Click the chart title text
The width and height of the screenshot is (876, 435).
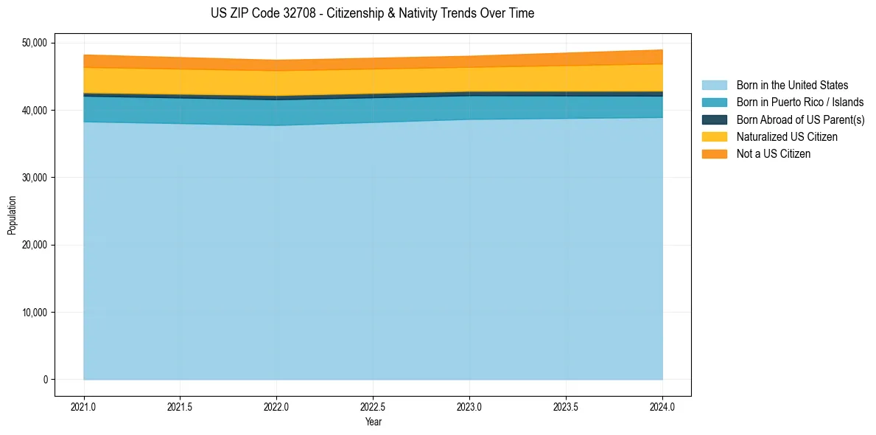pos(372,13)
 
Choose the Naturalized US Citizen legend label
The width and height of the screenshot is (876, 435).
pos(787,137)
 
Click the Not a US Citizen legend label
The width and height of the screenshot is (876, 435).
pos(773,154)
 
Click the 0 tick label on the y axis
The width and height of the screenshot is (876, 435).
pos(45,380)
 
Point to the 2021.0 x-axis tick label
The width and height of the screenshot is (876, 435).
pos(84,406)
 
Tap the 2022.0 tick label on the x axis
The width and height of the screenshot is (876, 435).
pos(276,406)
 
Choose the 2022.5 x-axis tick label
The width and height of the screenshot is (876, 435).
pos(373,406)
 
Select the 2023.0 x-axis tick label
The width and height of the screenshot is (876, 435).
pos(469,406)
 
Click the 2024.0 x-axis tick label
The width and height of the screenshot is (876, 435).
pos(662,406)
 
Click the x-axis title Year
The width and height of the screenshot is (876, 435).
pos(373,422)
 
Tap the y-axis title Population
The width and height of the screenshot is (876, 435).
pos(12,215)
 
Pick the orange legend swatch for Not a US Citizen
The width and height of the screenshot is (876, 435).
pos(714,154)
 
